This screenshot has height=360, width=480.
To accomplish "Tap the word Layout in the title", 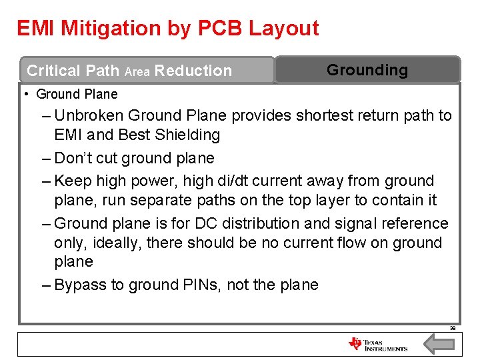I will (x=284, y=28).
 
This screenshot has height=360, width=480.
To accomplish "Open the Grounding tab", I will (x=367, y=70).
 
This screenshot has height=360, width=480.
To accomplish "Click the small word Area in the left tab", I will (x=137, y=71).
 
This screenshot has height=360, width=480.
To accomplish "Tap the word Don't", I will (x=77, y=159).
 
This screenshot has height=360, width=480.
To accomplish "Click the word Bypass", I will (x=81, y=285).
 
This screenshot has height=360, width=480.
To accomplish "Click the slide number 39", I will (x=452, y=328).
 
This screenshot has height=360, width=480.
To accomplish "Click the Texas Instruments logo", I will (x=377, y=345).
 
